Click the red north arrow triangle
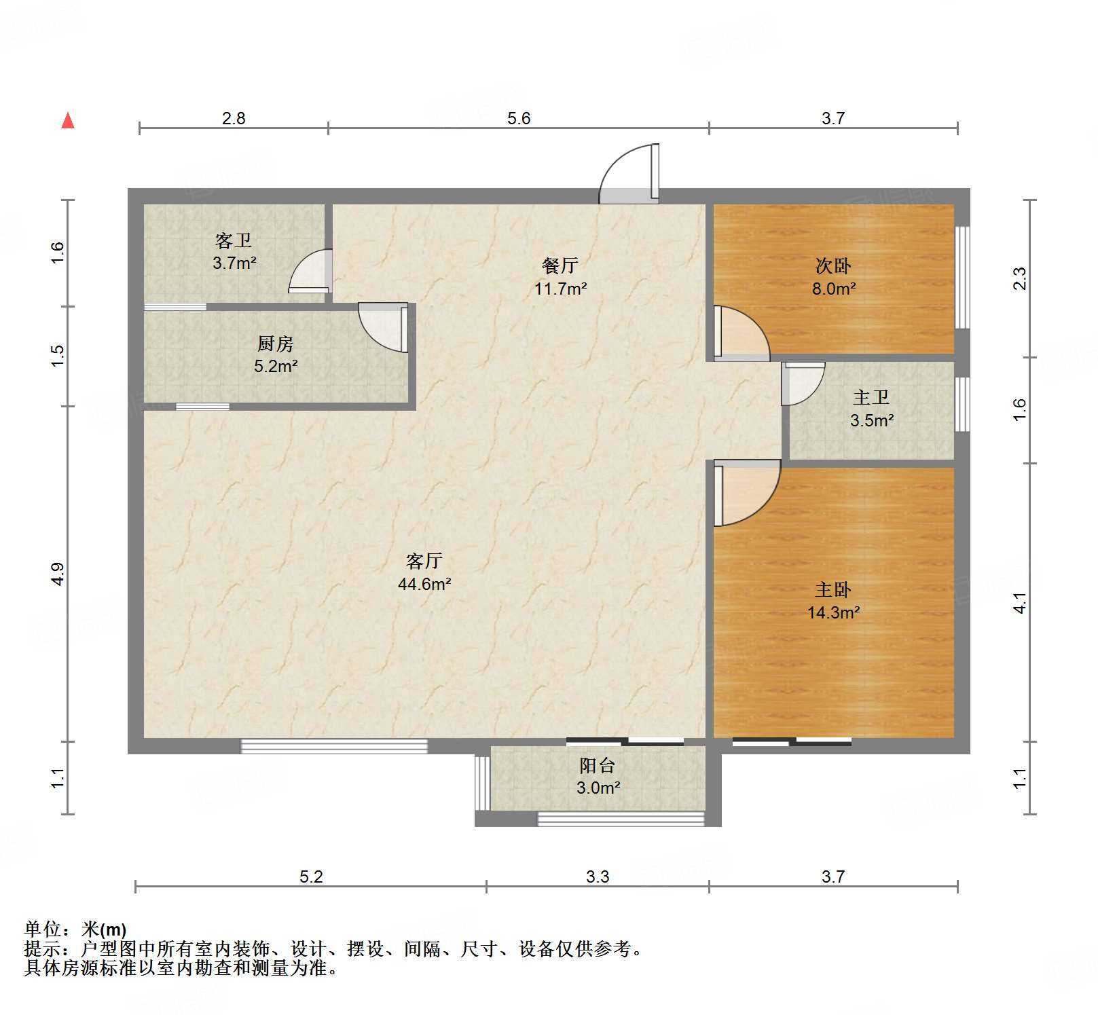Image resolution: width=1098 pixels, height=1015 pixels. tap(68, 121)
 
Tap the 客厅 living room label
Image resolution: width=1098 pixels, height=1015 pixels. tap(424, 561)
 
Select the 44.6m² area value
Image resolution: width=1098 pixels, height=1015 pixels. tap(424, 584)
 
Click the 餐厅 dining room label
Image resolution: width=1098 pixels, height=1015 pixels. tap(560, 265)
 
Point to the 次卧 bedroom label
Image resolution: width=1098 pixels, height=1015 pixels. tap(833, 265)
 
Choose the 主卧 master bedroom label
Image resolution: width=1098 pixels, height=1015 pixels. tap(833, 589)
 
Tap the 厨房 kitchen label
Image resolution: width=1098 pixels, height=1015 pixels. tap(276, 344)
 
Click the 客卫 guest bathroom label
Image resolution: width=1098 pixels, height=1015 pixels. tap(234, 240)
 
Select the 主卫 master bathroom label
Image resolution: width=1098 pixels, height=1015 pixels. tap(871, 397)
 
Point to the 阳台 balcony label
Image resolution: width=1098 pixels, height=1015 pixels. tap(598, 765)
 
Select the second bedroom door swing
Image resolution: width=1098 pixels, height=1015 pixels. tap(742, 333)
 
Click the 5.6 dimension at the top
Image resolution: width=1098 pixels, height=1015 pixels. tap(519, 118)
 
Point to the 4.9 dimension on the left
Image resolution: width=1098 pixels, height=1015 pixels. tap(58, 574)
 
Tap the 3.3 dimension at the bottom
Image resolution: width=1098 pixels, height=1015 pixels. tap(598, 876)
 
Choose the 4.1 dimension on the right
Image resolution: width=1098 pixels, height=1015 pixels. tap(1020, 603)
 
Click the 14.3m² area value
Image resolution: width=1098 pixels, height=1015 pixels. tap(834, 612)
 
